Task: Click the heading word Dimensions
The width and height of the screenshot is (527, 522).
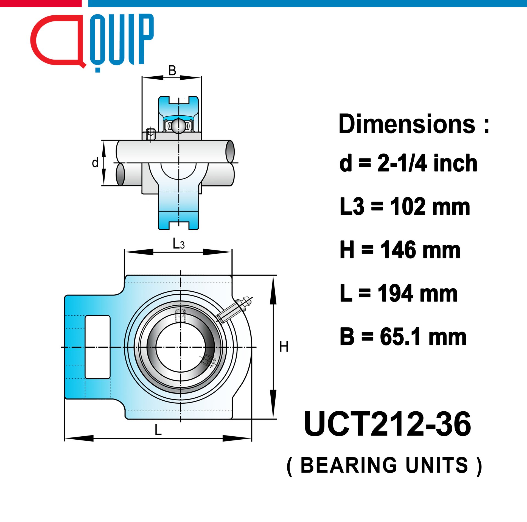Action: (407, 124)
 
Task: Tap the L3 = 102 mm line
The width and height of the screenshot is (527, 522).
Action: (405, 206)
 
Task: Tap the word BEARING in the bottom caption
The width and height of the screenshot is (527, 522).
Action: (349, 465)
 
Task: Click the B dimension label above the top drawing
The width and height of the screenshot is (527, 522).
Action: (172, 71)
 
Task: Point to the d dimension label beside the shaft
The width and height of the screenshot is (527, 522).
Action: (95, 163)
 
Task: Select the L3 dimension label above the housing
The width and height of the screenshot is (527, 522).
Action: (178, 244)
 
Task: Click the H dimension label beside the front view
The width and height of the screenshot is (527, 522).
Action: (284, 347)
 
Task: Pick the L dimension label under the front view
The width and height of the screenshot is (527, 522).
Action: (158, 430)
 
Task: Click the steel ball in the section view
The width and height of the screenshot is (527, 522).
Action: (179, 126)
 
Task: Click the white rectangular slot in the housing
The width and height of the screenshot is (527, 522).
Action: (97, 347)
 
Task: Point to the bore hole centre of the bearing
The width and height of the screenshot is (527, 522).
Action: (180, 347)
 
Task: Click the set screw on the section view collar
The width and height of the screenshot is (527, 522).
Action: (151, 134)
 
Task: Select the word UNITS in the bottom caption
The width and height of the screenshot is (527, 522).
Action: (436, 465)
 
